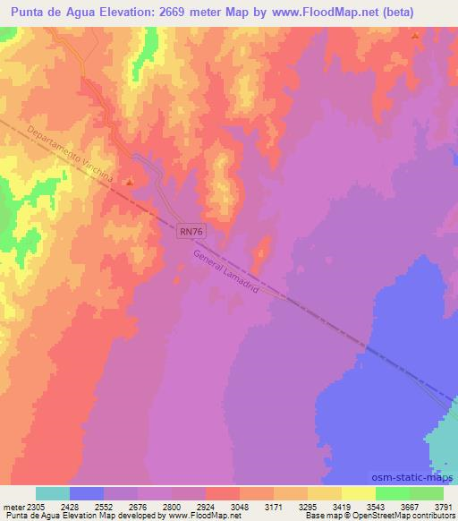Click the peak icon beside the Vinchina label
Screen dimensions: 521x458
pyautogui.click(x=130, y=182)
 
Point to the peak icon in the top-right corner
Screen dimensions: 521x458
pyautogui.click(x=415, y=36)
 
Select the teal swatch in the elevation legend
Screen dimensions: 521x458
pyautogui.click(x=53, y=493)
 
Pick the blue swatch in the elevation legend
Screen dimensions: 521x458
pyautogui.click(x=87, y=493)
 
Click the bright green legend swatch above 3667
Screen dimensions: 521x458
pyautogui.click(x=392, y=493)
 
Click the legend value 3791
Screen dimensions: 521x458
pyautogui.click(x=444, y=507)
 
